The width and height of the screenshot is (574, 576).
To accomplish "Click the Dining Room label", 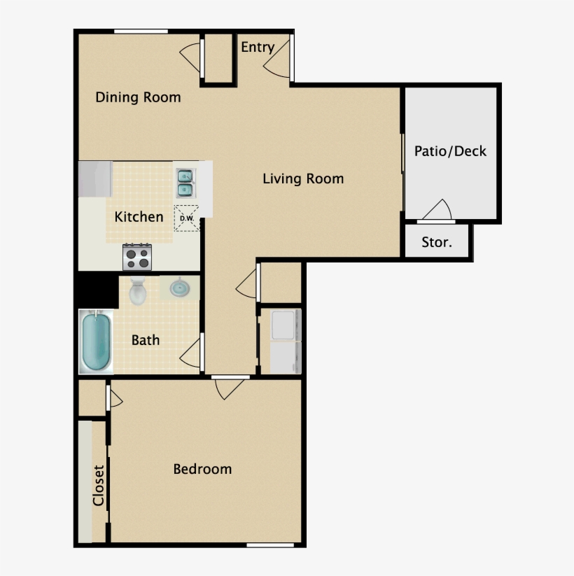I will (138, 97).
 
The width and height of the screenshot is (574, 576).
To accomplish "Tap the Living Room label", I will (303, 178).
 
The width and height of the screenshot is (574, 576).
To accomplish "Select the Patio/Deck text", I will (450, 151).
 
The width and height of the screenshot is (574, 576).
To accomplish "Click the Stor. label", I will (436, 243).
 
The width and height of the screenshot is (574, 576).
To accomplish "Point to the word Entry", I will (257, 47).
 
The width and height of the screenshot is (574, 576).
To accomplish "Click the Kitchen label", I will (139, 217).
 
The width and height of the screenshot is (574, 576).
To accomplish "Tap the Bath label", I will (146, 340).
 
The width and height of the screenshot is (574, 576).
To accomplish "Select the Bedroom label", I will (202, 469).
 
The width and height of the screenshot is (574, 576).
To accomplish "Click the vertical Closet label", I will (99, 485).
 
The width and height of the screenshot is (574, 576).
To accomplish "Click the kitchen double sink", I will (185, 182).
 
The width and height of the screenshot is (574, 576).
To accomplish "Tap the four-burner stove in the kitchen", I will (138, 257).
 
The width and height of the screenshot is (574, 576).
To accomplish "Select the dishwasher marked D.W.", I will (186, 218).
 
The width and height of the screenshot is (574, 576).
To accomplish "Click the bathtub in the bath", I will (96, 342).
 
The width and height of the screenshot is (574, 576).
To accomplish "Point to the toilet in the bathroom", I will (138, 290).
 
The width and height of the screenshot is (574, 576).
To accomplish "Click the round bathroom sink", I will (179, 288).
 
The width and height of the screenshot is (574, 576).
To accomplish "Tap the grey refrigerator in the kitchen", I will (95, 179).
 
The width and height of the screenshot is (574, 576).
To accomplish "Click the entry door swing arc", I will (276, 63).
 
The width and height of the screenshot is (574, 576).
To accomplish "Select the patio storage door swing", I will (438, 210).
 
